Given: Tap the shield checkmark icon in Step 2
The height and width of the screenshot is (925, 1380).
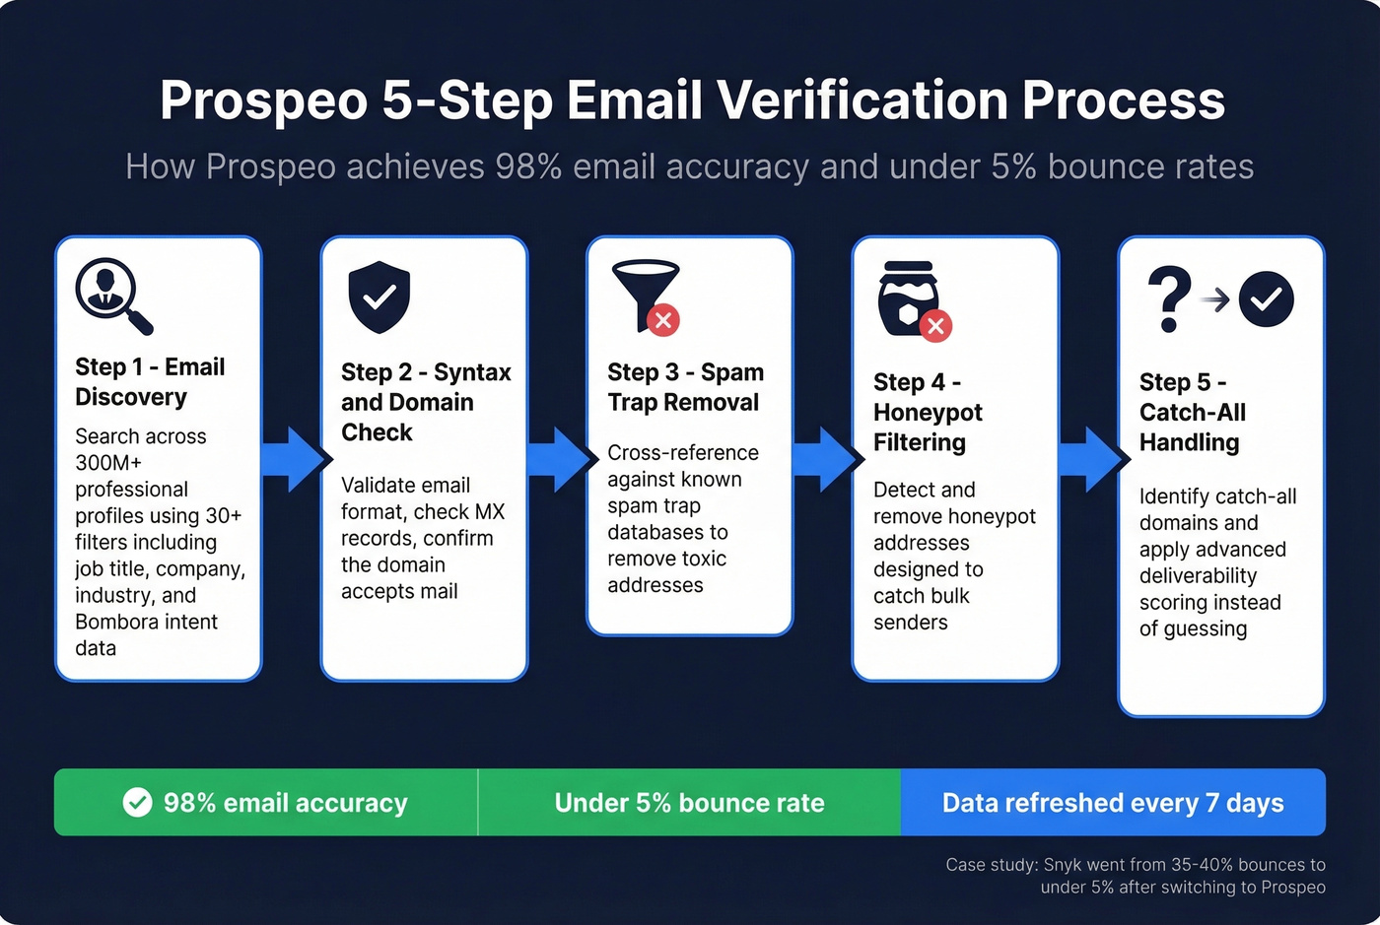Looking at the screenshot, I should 379,297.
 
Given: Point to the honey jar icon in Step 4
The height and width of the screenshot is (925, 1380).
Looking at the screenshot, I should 907,297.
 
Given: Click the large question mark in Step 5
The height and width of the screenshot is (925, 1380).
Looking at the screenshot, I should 1169,298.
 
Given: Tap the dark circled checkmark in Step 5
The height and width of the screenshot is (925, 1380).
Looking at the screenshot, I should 1266,298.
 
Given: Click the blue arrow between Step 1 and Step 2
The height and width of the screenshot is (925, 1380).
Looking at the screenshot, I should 296,459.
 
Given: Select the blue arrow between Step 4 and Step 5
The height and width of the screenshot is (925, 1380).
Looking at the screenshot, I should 1093,459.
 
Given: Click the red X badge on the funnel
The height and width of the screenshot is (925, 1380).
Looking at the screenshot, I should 663,320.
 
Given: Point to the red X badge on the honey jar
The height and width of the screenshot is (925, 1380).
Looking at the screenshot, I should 934,326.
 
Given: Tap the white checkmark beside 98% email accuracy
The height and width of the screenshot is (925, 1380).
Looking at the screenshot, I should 138,803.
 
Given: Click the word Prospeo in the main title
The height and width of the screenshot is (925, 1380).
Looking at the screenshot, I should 263,100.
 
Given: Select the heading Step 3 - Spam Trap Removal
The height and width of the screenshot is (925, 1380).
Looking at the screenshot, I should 685,387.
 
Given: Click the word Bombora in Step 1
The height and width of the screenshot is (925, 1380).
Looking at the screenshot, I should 117,622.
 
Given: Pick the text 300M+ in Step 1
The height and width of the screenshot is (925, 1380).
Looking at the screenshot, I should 108,463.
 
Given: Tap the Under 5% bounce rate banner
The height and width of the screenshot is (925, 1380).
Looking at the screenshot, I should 689,803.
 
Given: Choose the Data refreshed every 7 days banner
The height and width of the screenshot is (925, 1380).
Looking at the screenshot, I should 1113,803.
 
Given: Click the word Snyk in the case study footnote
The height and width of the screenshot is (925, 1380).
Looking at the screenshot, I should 1063,865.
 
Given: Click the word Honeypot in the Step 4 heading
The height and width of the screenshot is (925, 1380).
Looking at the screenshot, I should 928,413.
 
